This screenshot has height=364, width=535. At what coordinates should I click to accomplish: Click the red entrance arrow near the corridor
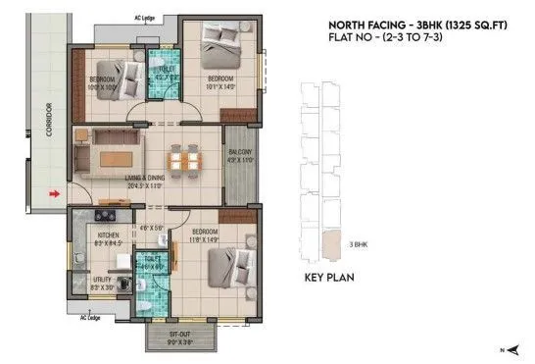click(x=55, y=195)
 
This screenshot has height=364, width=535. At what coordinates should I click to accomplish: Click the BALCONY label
click(x=240, y=153)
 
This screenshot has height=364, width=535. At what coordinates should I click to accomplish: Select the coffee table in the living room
click(x=122, y=157)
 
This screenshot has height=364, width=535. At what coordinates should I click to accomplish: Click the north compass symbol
click(x=506, y=349)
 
